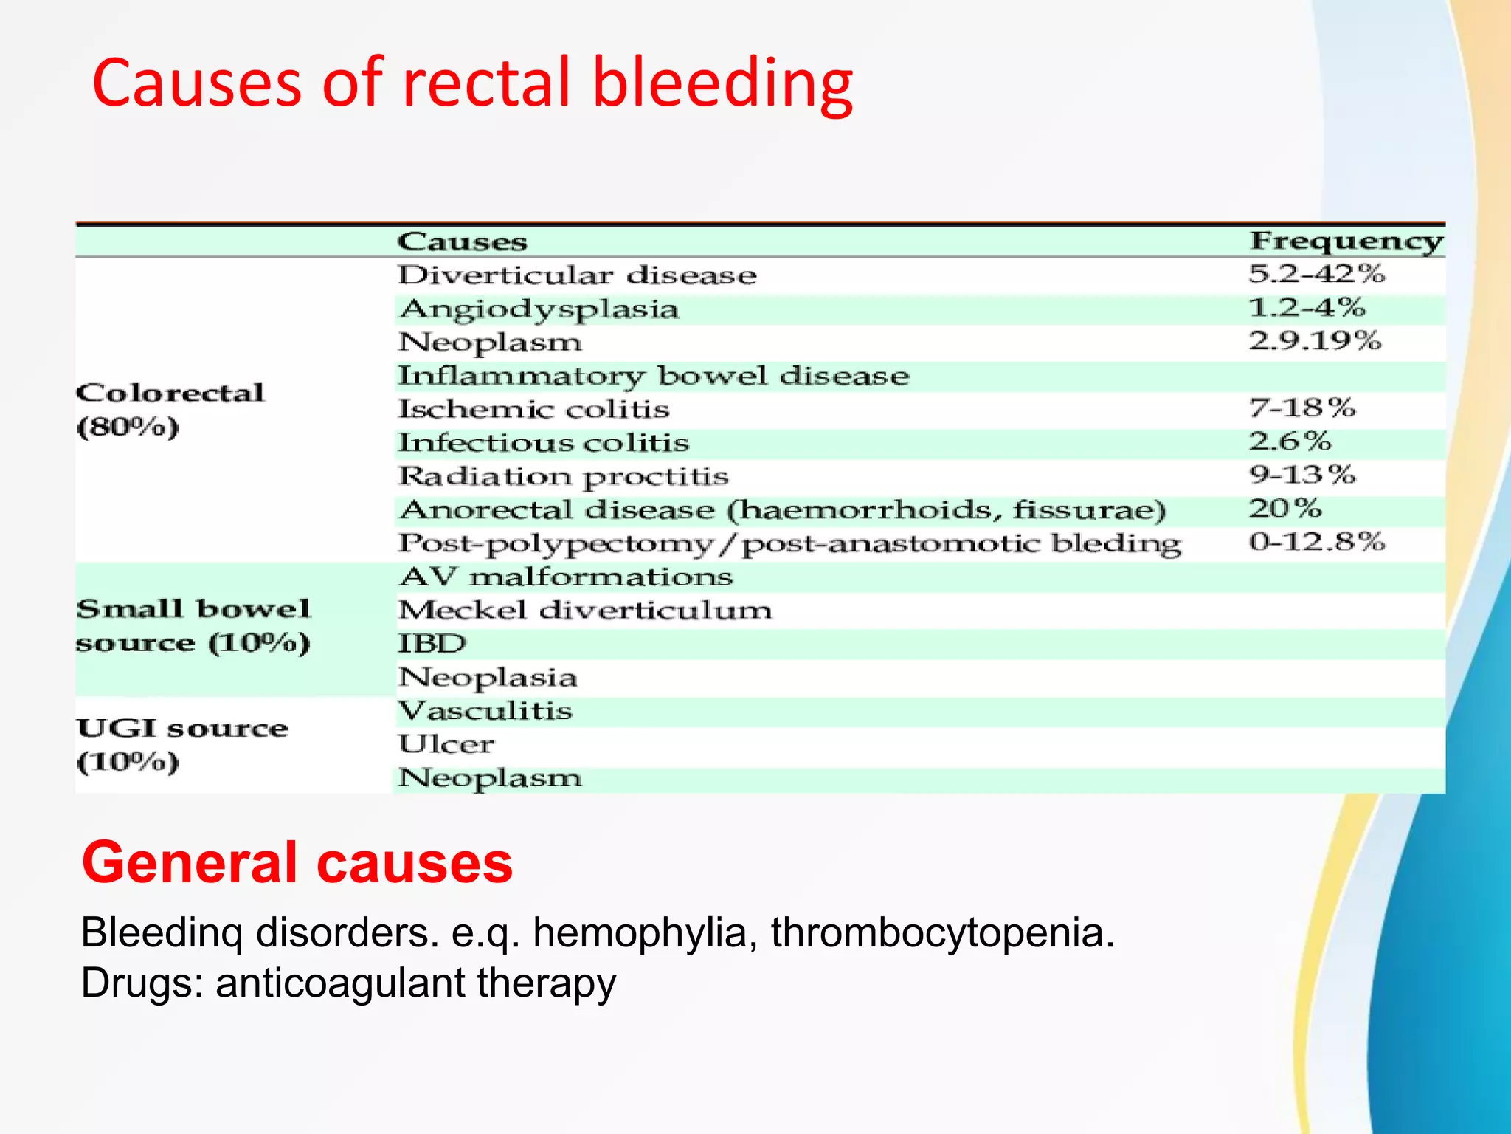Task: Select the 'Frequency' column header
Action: tap(1345, 241)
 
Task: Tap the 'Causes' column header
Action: tap(463, 241)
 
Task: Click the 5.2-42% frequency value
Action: tap(1316, 274)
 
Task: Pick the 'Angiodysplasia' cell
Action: tap(539, 309)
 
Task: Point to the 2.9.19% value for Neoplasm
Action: tap(1314, 341)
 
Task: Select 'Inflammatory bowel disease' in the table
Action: tap(654, 376)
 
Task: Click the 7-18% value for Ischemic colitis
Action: tap(1302, 408)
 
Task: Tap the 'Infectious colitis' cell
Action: tap(544, 443)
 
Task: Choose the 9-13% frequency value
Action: tap(1302, 475)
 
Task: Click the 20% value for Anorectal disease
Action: tap(1284, 508)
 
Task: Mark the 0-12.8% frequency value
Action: tap(1316, 542)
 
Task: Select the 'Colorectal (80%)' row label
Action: tap(170, 410)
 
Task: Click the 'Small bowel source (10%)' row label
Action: tap(193, 626)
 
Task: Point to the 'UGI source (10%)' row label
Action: tap(181, 745)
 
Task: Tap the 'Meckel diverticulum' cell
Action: tap(585, 611)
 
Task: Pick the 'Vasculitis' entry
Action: tap(485, 711)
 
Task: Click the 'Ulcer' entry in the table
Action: tap(446, 744)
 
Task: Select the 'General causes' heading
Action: tap(297, 862)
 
